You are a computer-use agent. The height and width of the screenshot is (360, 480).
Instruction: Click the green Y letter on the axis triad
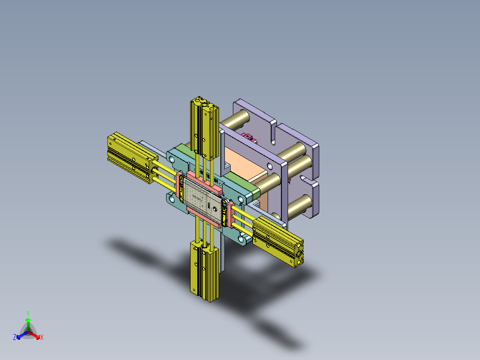point(28,313)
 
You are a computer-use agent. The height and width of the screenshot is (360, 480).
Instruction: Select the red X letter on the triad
point(42,338)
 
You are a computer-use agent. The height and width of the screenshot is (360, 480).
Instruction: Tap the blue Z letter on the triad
point(15,338)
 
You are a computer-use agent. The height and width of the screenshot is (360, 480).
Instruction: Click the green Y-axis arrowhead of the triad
point(28,320)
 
